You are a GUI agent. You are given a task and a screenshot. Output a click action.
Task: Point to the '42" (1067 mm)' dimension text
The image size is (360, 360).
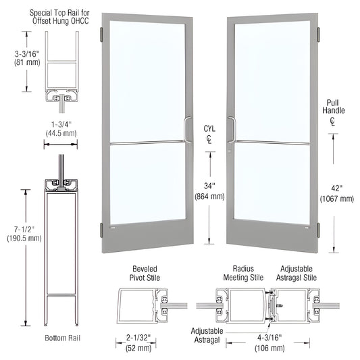click(x=336, y=193)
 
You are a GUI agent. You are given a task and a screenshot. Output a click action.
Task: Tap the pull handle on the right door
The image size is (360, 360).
click(x=230, y=129)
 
